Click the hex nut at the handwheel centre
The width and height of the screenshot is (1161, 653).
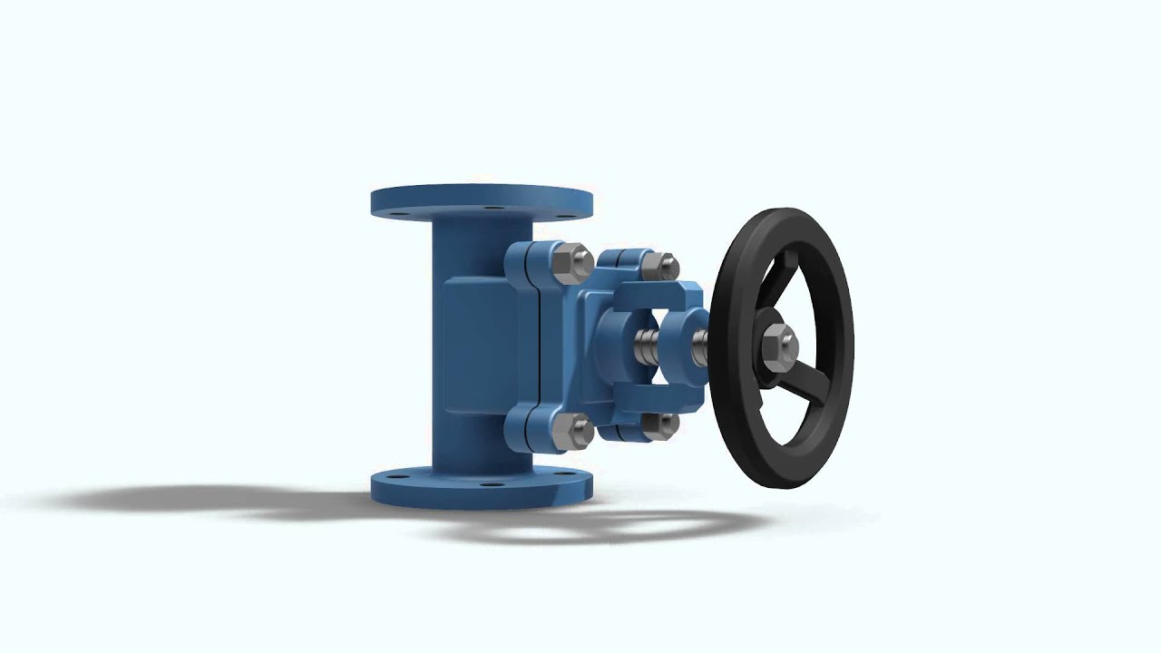click(777, 346)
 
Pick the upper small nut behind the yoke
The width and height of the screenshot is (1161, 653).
click(659, 265)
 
